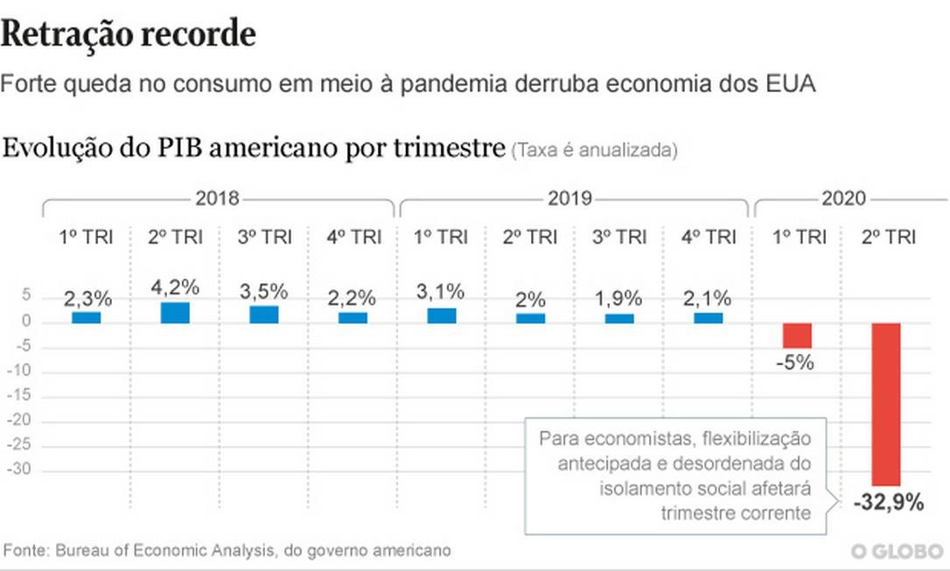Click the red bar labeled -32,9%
click(886, 404)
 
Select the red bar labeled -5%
click(797, 335)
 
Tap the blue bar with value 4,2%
click(175, 313)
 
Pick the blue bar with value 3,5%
click(263, 314)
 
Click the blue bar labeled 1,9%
click(619, 318)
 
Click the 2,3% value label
click(87, 300)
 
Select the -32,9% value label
click(889, 503)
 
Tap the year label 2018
click(217, 198)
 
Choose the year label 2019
click(570, 198)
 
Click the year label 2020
click(842, 198)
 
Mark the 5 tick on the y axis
click(26, 298)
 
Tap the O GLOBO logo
click(898, 552)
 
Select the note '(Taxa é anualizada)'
click(595, 150)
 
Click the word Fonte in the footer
click(25, 551)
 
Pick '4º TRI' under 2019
click(709, 236)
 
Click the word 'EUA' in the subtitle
click(789, 85)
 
